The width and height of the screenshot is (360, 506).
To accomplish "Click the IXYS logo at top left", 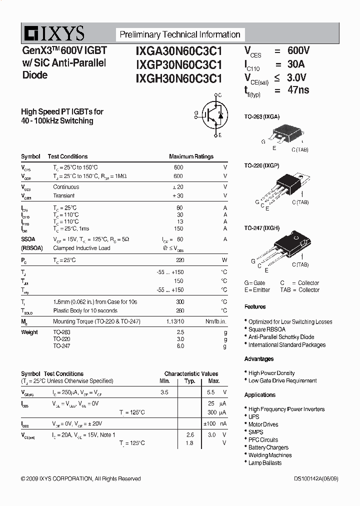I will pos(53,34).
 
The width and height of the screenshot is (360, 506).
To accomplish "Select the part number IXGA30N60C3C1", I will pos(179,51).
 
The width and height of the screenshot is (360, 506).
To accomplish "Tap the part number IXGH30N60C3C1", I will pos(179,78).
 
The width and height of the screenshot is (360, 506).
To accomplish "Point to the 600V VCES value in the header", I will pos(298,51).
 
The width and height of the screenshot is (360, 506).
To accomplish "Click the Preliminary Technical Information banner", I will pos(180,34).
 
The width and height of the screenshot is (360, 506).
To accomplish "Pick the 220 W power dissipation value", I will pos(179,260).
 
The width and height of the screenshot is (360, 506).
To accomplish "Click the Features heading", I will pos(255,306).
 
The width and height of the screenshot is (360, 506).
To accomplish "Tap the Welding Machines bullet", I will pos(270,455).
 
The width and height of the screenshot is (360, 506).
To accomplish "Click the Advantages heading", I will pos(259,359).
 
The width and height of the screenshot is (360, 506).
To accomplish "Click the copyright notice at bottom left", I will pos(81,478).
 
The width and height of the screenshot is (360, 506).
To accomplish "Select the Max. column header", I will pos(214,381).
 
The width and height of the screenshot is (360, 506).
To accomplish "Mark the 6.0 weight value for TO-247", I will pos(180,345).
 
